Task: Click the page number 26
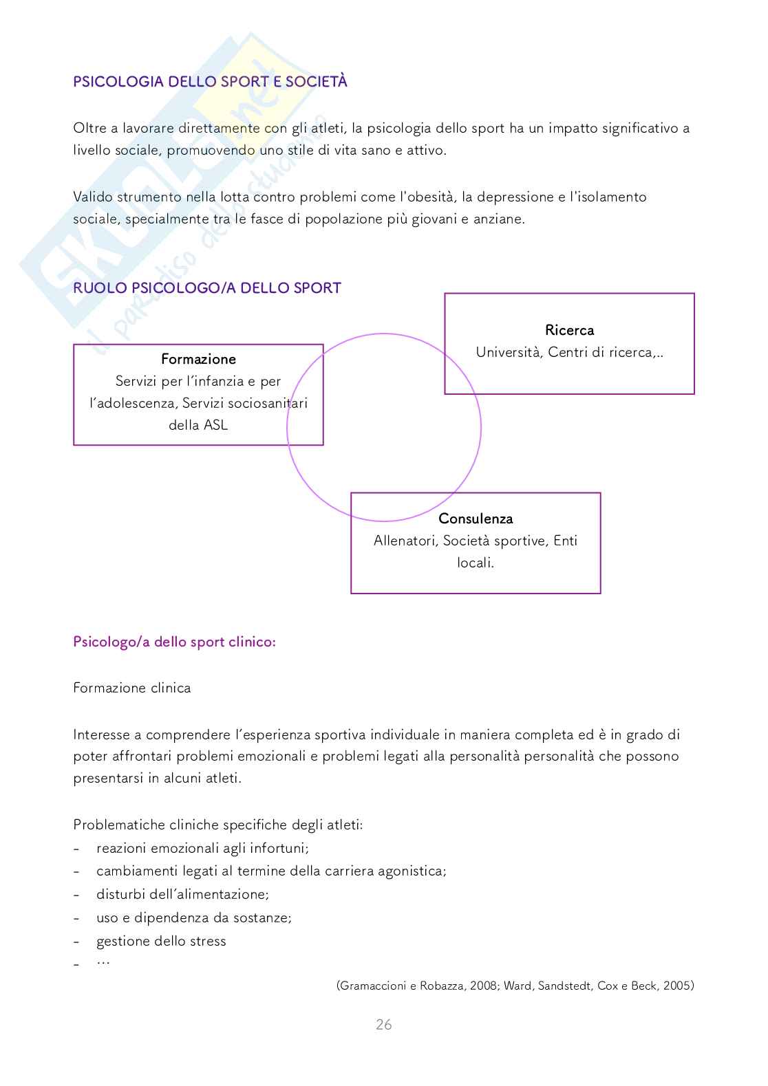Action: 383,1024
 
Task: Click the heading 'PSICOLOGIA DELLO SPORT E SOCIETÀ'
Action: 210,82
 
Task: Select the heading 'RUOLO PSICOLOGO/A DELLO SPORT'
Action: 207,288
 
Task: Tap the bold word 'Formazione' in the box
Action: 198,359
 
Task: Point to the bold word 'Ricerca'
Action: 569,330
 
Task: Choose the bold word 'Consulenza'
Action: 476,519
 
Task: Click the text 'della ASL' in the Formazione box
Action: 198,425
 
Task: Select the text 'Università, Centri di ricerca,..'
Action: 569,352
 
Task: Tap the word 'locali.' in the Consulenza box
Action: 476,563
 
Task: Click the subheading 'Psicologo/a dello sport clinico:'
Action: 174,642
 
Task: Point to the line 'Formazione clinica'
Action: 132,688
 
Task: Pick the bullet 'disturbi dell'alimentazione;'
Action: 182,894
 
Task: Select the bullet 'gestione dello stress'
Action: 161,941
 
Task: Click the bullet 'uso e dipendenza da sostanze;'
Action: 194,917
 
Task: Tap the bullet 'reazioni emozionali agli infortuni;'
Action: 202,848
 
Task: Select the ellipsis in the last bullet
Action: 103,962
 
